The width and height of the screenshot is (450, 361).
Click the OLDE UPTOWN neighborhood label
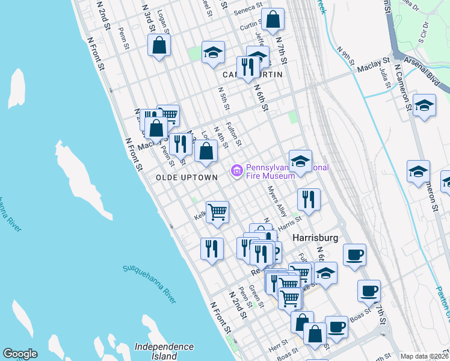[186, 177]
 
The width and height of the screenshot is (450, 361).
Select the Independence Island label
[164, 351]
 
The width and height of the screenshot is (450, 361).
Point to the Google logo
[20, 354]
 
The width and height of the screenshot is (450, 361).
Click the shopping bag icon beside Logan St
[159, 45]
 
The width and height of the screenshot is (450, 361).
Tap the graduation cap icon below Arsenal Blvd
[425, 105]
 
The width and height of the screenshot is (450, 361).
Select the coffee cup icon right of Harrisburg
[355, 253]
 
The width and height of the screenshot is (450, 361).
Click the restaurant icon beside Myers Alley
[309, 199]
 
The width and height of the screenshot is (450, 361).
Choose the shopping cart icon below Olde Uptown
[217, 211]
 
